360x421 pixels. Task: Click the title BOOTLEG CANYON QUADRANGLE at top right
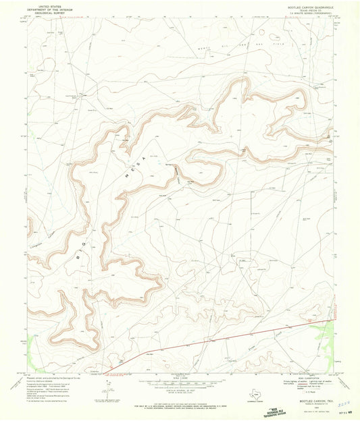tap(307, 7)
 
